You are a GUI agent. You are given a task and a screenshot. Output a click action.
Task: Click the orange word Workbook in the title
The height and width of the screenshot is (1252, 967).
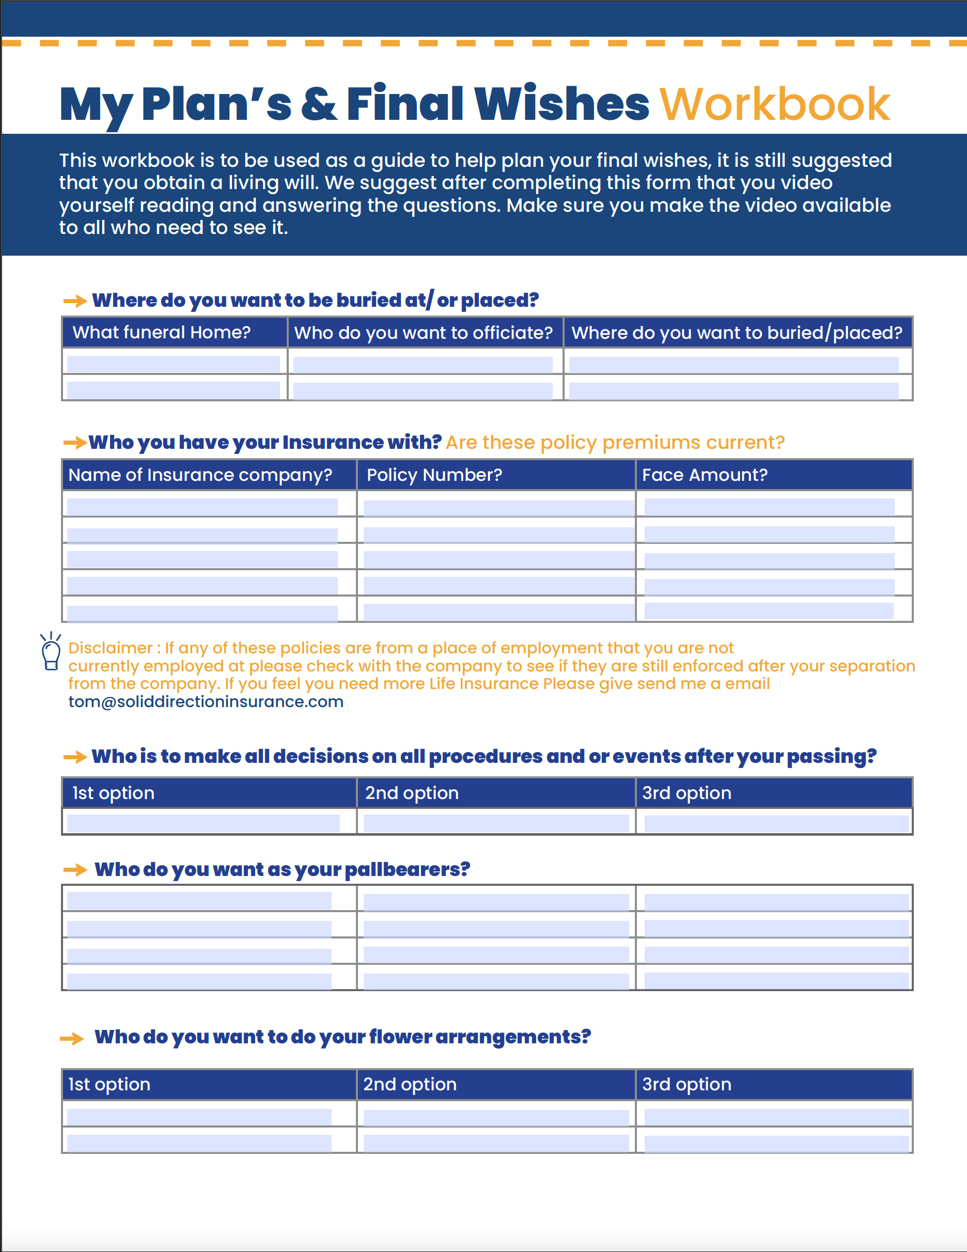774,104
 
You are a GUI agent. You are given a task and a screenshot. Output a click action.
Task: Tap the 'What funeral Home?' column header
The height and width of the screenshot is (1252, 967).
162,333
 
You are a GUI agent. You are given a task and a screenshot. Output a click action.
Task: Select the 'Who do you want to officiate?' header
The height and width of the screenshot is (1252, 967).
424,333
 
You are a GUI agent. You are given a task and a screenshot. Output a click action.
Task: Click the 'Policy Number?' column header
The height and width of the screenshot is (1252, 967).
434,475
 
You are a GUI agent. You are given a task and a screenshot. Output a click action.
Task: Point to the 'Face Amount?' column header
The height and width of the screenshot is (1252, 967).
705,475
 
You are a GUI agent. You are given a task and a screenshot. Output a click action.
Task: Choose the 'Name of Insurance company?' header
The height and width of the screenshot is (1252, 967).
200,475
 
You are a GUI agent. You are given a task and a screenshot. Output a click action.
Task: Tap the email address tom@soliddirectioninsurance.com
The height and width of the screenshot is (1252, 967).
206,702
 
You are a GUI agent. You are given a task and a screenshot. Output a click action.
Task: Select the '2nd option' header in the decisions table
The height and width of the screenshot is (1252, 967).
412,793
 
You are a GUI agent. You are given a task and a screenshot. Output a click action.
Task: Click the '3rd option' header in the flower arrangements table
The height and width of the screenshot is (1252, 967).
686,1084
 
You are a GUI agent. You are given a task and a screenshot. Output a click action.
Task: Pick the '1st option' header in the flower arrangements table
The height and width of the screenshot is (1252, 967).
109,1084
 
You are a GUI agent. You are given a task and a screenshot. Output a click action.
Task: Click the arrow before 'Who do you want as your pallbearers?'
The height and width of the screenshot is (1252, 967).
74,870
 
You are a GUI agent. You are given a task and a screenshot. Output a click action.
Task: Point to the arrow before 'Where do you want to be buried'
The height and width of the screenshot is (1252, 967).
74,301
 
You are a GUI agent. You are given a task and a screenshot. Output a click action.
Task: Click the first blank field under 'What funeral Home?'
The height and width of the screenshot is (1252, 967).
173,364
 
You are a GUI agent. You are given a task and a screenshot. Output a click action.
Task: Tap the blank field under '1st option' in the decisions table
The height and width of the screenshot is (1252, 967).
203,823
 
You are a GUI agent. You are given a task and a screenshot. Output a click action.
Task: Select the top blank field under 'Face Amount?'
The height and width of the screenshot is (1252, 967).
769,507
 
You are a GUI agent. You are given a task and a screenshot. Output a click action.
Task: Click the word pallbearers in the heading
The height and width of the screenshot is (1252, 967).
407,870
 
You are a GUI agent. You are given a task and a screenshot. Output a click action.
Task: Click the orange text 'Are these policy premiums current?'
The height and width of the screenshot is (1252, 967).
615,443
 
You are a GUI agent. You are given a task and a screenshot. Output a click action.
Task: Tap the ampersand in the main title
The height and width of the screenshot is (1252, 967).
319,104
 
